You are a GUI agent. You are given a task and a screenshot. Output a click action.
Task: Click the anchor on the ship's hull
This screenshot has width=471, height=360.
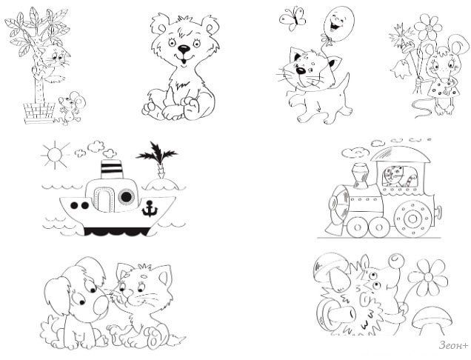pyautogui.click(x=150, y=208)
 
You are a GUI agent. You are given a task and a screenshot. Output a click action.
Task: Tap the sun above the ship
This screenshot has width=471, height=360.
pyautogui.click(x=55, y=155)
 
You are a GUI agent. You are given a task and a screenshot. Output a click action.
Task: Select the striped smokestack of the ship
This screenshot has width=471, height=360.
pyautogui.click(x=111, y=169)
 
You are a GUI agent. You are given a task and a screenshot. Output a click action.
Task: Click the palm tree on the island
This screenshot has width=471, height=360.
pyautogui.click(x=158, y=160)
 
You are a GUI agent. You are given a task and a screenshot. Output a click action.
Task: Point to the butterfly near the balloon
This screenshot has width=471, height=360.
pyautogui.click(x=293, y=19)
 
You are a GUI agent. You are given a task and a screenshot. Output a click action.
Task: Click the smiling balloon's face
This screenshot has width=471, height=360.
pyautogui.click(x=338, y=24)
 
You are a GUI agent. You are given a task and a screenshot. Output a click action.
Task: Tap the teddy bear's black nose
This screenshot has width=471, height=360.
pyautogui.click(x=184, y=48)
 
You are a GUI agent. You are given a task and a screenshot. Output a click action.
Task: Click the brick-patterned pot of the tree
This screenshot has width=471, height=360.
pyautogui.click(x=39, y=113)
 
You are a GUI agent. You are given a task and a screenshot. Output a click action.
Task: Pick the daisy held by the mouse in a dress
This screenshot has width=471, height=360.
pyautogui.click(x=428, y=27)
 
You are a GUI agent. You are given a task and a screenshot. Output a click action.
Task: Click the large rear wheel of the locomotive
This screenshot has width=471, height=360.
pyautogui.click(x=414, y=219)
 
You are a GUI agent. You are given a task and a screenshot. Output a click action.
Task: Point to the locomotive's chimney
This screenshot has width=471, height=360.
pyautogui.click(x=361, y=176)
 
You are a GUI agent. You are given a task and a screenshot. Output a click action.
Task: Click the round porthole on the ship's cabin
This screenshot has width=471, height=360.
pyautogui.click(x=126, y=197)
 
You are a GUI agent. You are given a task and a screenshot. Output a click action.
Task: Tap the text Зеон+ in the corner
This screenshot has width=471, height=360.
pyautogui.click(x=453, y=345)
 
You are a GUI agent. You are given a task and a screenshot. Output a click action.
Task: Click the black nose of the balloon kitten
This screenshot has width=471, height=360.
pyautogui.click(x=300, y=70)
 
